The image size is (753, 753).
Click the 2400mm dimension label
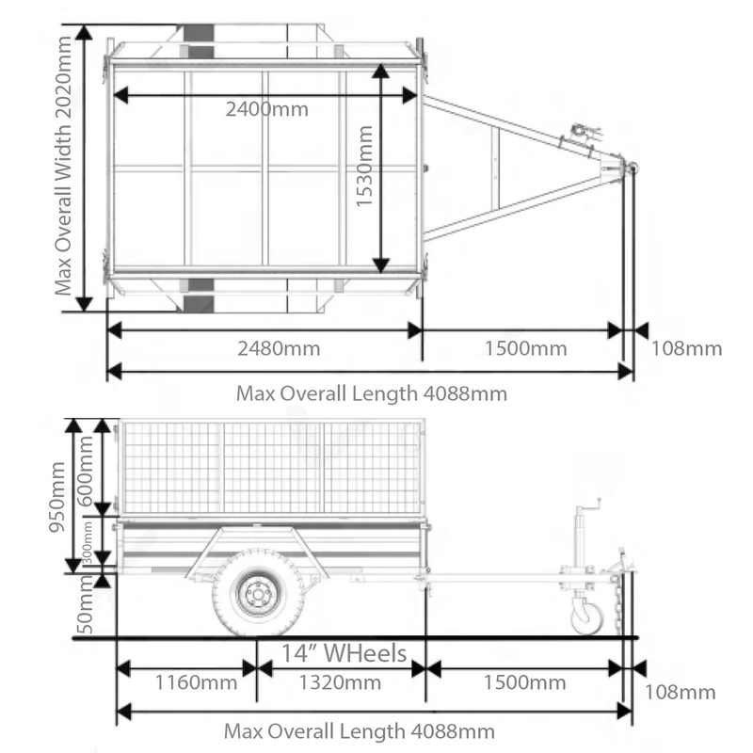(x=266, y=108)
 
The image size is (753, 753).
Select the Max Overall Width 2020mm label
(x=63, y=168)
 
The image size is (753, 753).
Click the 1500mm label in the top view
(x=526, y=348)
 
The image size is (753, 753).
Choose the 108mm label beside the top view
(x=686, y=348)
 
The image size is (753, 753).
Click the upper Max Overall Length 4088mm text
(x=371, y=393)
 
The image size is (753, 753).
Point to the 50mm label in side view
(x=87, y=610)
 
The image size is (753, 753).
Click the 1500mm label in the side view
(x=525, y=682)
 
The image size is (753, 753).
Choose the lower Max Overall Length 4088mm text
(x=359, y=730)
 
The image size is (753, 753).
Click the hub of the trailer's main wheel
(x=257, y=592)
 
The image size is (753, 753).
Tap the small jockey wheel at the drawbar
(x=587, y=617)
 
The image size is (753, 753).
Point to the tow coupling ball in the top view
(x=632, y=168)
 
